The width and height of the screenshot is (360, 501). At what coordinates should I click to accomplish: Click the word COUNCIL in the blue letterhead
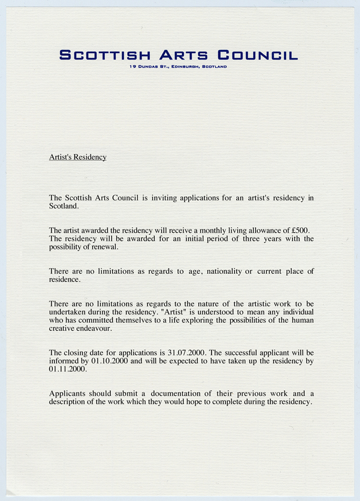pyautogui.click(x=258, y=55)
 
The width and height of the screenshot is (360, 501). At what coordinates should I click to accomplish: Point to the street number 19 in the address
pyautogui.click(x=132, y=67)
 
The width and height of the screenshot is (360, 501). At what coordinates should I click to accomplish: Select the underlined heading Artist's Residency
pyautogui.click(x=78, y=157)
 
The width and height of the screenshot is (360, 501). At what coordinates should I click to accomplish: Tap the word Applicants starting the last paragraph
pyautogui.click(x=67, y=393)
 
